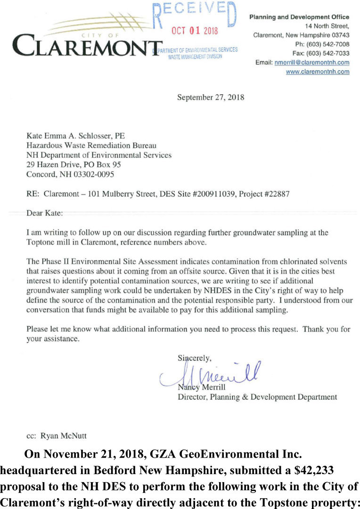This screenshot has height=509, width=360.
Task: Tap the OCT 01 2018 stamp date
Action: (x=195, y=31)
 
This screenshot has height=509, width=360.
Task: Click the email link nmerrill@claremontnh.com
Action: (x=312, y=62)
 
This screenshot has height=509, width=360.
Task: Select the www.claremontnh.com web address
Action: (x=318, y=72)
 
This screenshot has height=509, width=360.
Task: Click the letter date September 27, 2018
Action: (x=210, y=98)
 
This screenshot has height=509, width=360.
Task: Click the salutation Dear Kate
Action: (x=44, y=213)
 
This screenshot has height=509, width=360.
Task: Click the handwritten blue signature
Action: (x=212, y=375)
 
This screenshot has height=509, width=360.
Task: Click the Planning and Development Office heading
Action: (x=299, y=17)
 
